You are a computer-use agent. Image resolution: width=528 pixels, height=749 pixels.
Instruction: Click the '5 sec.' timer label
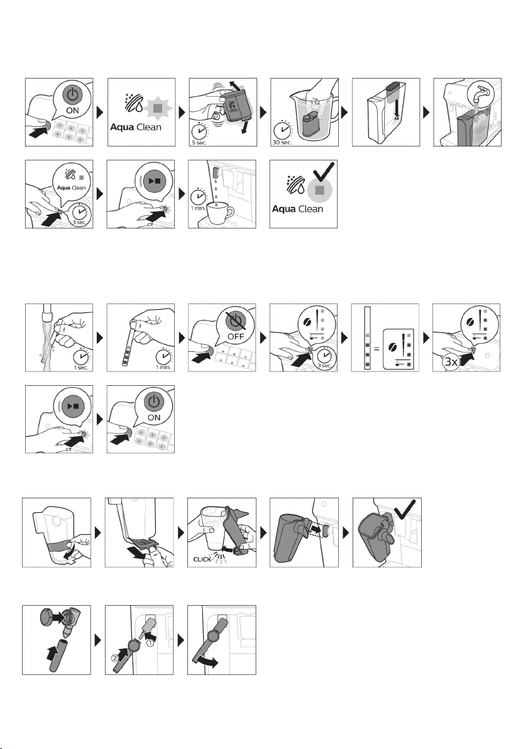199,143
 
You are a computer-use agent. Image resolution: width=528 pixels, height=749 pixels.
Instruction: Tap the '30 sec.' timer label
282,143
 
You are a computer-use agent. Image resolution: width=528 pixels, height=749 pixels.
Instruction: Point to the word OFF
236,336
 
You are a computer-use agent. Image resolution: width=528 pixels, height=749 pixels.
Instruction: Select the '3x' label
451,361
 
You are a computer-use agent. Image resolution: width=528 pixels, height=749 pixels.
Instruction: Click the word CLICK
202,559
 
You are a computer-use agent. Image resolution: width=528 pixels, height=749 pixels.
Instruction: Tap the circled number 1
150,643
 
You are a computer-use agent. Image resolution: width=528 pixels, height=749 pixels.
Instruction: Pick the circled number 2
114,659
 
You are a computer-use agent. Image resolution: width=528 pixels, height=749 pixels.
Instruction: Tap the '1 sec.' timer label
80,368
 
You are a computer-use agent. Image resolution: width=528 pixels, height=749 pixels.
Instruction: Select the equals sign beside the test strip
377,349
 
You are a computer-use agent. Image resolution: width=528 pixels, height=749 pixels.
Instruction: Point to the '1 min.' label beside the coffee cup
198,208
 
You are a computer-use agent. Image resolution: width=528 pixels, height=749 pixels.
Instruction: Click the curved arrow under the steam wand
207,662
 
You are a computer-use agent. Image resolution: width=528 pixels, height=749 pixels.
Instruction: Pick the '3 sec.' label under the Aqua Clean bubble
79,222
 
